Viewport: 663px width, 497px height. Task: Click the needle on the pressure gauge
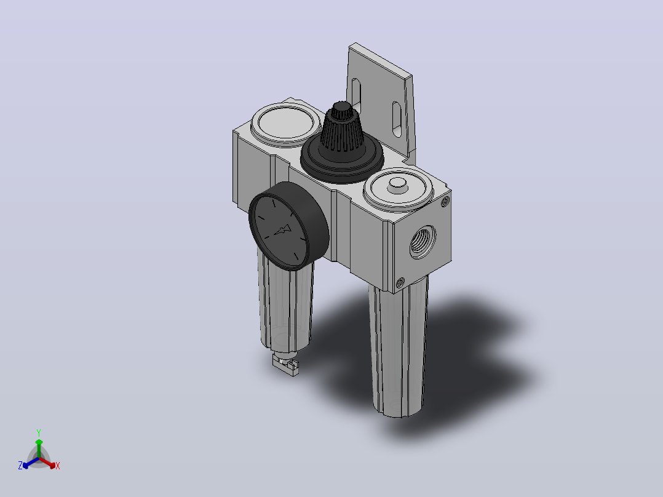(282, 231)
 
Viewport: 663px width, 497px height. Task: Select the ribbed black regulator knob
(342, 129)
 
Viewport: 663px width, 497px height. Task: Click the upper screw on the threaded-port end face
(445, 202)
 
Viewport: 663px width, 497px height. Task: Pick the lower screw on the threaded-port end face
(400, 282)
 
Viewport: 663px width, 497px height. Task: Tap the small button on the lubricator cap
(397, 185)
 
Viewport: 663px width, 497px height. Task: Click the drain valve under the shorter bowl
(285, 364)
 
